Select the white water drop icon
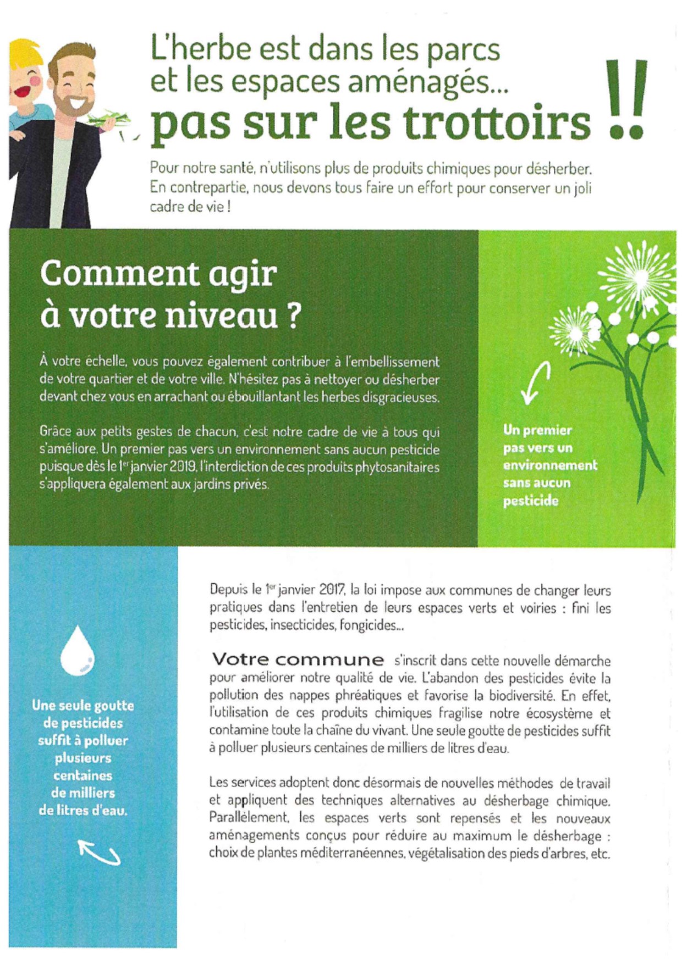point(77,651)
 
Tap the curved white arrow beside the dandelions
point(536,382)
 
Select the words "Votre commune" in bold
point(298,659)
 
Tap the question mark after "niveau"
point(294,316)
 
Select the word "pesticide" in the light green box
point(530,501)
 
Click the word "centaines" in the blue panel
point(82,775)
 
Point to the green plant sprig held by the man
point(113,118)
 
